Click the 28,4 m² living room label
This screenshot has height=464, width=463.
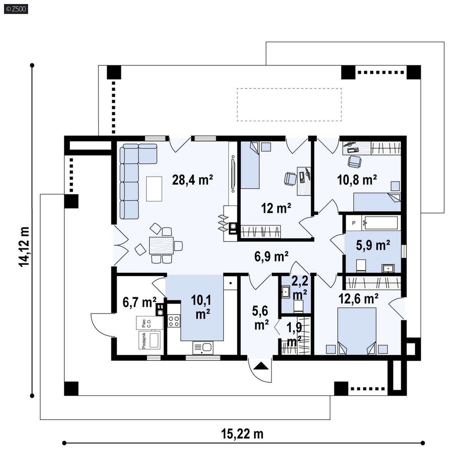point(193,180)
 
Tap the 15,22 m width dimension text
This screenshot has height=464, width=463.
point(242,434)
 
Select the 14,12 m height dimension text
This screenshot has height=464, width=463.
point(24,247)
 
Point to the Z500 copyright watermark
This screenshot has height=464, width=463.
point(16,9)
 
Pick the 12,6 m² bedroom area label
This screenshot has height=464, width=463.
point(358,299)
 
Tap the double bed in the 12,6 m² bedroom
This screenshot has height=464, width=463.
point(357,331)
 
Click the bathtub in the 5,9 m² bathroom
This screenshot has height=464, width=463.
point(381,223)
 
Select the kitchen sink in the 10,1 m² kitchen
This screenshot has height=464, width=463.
point(203,348)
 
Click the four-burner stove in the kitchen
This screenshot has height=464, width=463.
point(174,321)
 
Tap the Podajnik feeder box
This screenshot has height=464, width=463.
point(150,340)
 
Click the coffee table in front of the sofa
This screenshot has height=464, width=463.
point(154,189)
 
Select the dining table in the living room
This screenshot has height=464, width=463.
point(161,245)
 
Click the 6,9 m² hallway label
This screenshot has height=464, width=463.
point(271,256)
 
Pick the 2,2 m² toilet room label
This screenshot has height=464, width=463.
point(299,288)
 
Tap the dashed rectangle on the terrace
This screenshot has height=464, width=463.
point(289,104)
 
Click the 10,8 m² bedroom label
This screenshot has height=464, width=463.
point(357,180)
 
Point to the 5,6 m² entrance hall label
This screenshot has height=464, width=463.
point(260,318)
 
